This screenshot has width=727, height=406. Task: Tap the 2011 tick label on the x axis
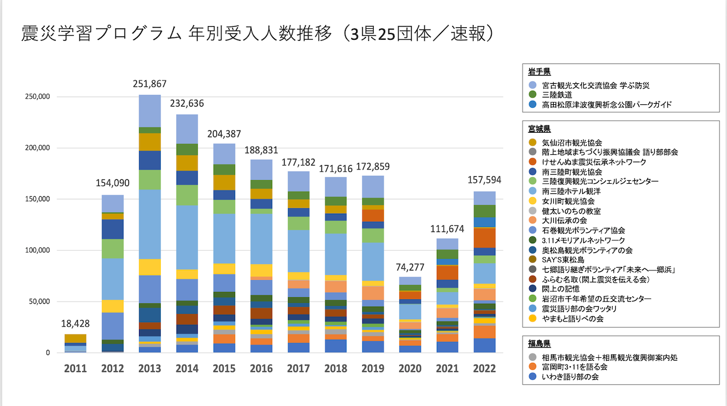click(x=76, y=369)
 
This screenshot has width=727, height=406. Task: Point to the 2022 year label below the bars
click(x=484, y=369)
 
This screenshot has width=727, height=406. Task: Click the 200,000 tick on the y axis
click(x=39, y=148)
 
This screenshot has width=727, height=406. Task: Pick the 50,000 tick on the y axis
click(x=41, y=302)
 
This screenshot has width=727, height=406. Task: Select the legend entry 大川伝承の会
click(x=564, y=220)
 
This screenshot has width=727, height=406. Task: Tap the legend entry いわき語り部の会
click(x=570, y=377)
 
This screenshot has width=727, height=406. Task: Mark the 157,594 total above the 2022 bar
click(x=484, y=180)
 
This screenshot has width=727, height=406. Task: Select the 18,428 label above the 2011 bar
click(x=76, y=323)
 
